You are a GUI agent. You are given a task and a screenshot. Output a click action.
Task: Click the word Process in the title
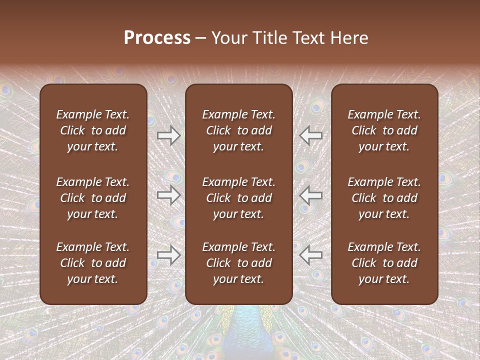157,38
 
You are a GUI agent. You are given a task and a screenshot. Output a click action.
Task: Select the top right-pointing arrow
169,135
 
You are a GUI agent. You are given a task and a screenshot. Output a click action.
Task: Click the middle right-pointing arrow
169,195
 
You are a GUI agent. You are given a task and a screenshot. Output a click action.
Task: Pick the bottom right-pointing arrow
169,255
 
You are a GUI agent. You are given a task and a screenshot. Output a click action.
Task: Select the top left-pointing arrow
311,135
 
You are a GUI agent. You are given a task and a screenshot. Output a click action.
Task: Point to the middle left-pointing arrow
311,195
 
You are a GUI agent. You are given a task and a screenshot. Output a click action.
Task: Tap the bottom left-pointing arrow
311,255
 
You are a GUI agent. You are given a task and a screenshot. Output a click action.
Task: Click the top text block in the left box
93,130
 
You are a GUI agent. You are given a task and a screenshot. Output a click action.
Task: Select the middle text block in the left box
93,198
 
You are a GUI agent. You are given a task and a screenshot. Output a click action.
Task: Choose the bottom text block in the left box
93,263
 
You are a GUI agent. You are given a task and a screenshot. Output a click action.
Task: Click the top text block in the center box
238,130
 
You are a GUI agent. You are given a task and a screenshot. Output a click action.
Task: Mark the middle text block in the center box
238,198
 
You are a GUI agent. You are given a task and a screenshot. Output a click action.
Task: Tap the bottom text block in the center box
238,263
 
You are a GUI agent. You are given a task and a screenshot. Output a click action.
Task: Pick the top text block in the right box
384,130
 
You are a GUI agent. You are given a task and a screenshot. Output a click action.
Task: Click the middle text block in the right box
384,198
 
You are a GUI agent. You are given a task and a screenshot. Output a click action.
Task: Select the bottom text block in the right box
384,263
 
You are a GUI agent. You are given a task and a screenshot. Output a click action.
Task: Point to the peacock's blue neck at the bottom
239,330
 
